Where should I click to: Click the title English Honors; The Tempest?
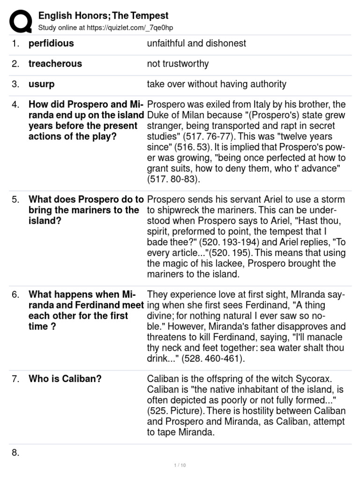click(x=103, y=16)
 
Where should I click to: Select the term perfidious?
click(x=51, y=44)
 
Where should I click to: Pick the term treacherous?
click(x=55, y=64)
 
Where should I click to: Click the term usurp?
click(x=42, y=84)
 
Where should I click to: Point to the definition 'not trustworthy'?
click(x=178, y=64)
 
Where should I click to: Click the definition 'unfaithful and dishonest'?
click(x=196, y=44)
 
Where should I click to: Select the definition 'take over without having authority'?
click(x=217, y=84)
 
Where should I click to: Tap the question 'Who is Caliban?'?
click(x=65, y=379)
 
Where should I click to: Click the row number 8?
click(x=16, y=453)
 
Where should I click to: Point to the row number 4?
click(x=16, y=105)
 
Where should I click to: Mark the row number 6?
click(x=16, y=295)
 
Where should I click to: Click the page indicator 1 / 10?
click(x=180, y=465)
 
